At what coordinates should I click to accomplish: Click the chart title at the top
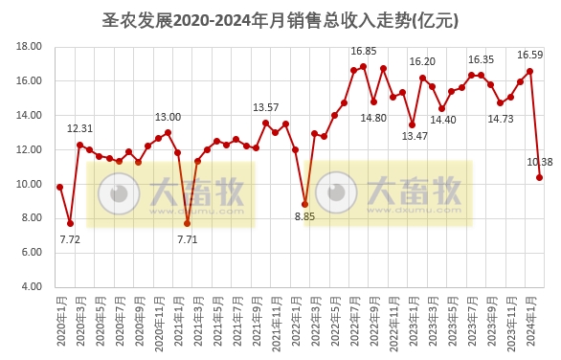click(280, 18)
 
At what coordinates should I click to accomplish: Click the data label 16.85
click(363, 51)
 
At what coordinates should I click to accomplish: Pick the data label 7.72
click(69, 239)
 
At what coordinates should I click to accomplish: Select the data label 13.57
click(265, 107)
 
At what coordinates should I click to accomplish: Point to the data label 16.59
click(529, 55)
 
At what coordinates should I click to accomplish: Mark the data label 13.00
click(168, 117)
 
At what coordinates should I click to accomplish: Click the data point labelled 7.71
click(188, 223)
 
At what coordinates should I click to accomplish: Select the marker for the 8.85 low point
click(304, 204)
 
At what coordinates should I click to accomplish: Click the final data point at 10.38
click(540, 177)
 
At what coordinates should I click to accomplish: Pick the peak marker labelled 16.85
click(364, 67)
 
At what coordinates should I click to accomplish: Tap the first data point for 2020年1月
click(59, 187)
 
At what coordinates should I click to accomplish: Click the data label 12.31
click(79, 128)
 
